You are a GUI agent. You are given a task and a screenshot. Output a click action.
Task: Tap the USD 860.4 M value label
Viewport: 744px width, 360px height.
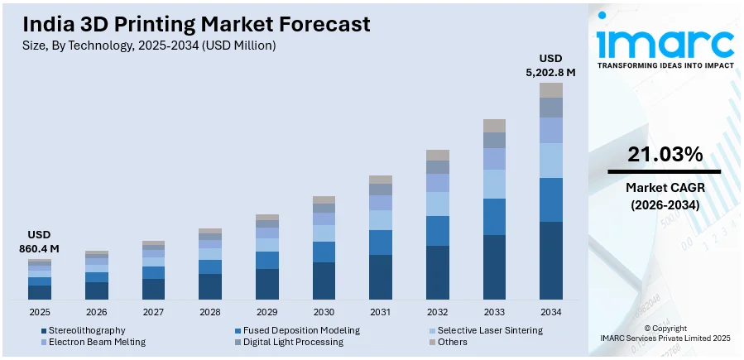click(x=40, y=242)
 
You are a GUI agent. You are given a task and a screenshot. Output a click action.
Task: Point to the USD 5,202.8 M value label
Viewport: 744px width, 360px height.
click(x=550, y=65)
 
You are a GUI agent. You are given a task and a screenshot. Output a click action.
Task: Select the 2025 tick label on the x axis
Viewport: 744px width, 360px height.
click(x=40, y=312)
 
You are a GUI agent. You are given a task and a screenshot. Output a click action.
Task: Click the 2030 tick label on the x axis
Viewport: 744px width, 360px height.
click(x=324, y=312)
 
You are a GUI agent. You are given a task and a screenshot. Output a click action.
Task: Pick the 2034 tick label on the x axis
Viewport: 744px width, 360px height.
click(x=550, y=312)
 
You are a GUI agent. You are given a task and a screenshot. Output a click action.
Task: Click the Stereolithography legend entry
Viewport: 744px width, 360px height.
click(x=86, y=330)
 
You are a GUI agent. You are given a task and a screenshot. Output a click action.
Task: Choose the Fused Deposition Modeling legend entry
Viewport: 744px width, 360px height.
click(x=300, y=330)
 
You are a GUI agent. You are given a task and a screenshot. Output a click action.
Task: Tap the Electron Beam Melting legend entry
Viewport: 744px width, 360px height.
click(x=96, y=342)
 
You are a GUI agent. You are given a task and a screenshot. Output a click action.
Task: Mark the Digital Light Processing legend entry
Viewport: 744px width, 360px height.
click(x=293, y=342)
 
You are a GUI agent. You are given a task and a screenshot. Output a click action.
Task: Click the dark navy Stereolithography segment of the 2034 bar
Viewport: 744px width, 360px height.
click(x=551, y=260)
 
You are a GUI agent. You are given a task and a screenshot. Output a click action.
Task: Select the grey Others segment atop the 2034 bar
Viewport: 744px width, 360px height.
click(x=551, y=89)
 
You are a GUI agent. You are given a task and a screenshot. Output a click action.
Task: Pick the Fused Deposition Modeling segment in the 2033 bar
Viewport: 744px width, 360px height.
click(x=494, y=217)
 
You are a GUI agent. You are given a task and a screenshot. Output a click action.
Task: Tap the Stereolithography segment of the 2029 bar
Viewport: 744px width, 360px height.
click(x=267, y=284)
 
